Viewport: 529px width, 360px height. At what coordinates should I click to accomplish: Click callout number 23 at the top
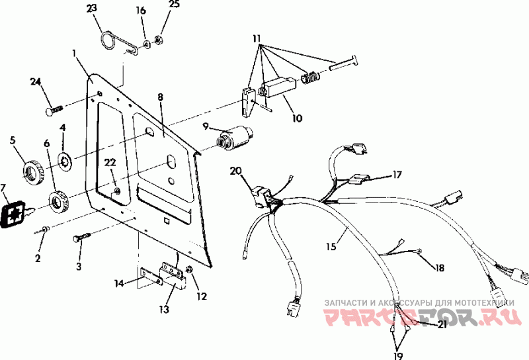91,9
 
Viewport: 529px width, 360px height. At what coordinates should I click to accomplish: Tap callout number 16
141,10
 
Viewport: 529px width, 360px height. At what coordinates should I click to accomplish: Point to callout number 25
174,5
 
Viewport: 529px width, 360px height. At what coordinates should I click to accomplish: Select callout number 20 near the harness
236,171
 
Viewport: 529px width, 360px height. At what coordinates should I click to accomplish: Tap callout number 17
397,175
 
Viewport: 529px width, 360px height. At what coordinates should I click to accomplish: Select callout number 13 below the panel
163,309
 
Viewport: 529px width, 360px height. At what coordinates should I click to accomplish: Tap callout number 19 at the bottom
396,353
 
